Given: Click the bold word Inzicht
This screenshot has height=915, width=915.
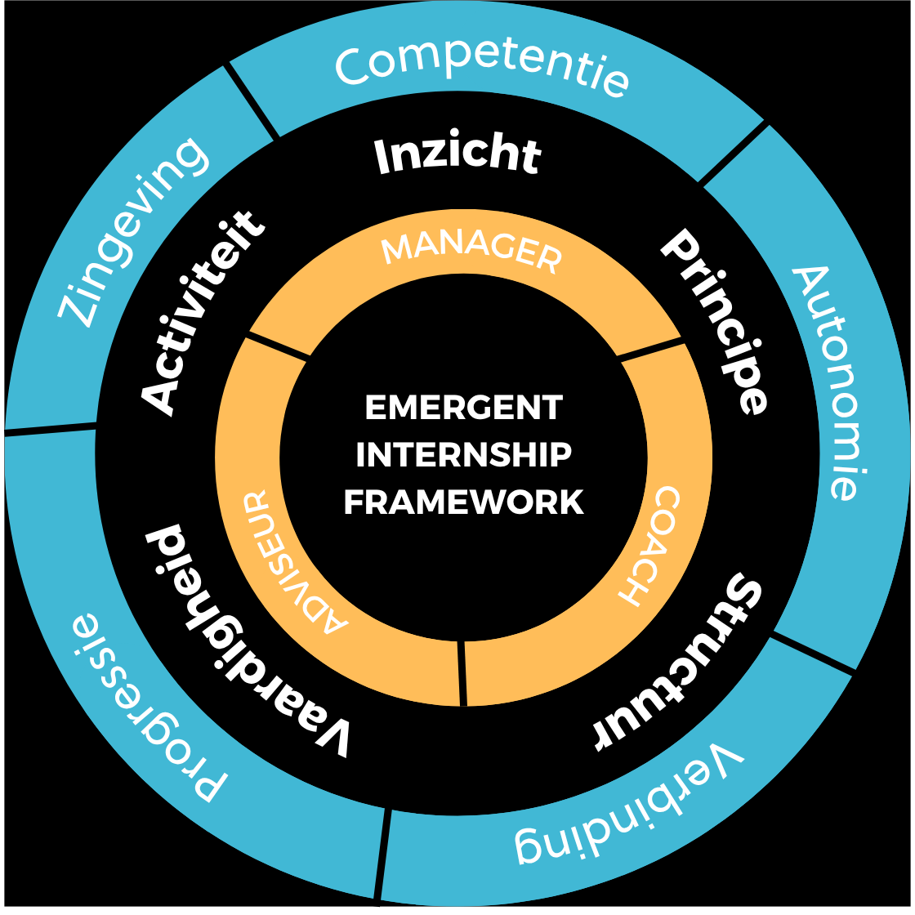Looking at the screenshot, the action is (457, 155).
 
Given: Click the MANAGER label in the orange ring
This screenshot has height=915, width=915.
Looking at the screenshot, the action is (472, 250).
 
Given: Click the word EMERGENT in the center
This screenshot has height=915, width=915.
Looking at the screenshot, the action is (463, 407).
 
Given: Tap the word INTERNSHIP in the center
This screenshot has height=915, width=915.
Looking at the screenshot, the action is (463, 454).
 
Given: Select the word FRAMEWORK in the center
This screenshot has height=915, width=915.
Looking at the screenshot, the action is (463, 502).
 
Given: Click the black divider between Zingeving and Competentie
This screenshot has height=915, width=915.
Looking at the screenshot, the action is (250, 101).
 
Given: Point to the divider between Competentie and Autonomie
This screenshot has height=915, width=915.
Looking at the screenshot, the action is (734, 154).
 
